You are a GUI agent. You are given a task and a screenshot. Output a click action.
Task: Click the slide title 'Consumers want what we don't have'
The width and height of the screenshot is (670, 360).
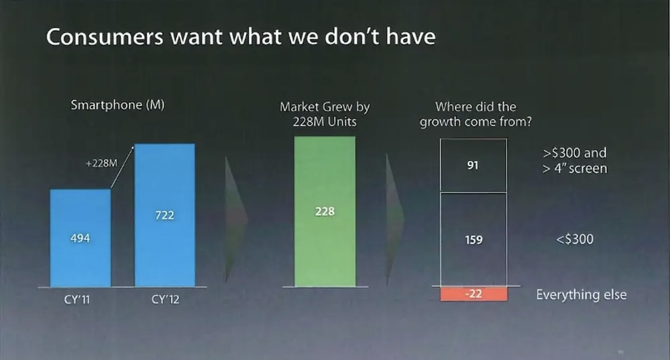[x=240, y=36]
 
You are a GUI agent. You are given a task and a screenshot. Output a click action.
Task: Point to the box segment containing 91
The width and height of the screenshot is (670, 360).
[x=473, y=166]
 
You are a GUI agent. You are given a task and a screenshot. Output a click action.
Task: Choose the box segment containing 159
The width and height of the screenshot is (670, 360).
[x=473, y=239]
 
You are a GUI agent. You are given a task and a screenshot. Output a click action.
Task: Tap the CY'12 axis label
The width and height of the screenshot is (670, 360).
[x=165, y=299]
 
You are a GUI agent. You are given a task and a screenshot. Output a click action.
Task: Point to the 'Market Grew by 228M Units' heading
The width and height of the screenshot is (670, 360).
[x=325, y=114]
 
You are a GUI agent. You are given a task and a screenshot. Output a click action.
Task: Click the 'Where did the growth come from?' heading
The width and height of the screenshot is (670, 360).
[x=473, y=114]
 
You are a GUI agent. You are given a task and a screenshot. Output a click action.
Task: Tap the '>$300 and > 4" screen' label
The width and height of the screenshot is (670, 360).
[x=574, y=160]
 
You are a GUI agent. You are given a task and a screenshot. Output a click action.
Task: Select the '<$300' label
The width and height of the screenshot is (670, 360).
[x=575, y=238]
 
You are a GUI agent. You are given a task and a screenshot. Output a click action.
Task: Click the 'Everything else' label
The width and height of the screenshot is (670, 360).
[x=581, y=294]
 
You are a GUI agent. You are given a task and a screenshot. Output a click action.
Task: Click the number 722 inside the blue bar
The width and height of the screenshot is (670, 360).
[x=164, y=215]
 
